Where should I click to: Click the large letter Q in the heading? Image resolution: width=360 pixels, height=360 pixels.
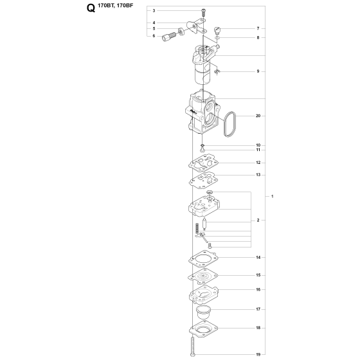point(91,8)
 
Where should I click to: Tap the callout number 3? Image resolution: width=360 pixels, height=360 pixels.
point(154,10)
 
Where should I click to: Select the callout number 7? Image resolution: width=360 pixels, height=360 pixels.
point(258,28)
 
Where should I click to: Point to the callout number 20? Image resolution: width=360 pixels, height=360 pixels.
point(258,116)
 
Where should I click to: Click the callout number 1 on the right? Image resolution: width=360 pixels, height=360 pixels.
point(273,196)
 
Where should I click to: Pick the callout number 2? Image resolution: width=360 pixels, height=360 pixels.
point(258,220)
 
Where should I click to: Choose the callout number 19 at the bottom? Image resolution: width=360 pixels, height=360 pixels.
point(258,354)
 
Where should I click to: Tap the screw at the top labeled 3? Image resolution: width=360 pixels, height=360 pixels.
point(203,12)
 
